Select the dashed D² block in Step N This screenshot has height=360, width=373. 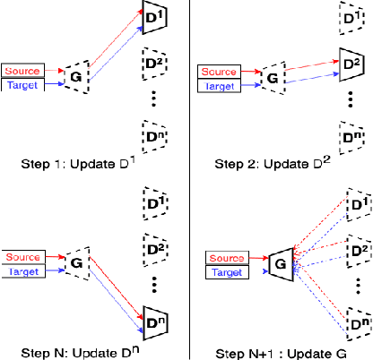click(x=153, y=246)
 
